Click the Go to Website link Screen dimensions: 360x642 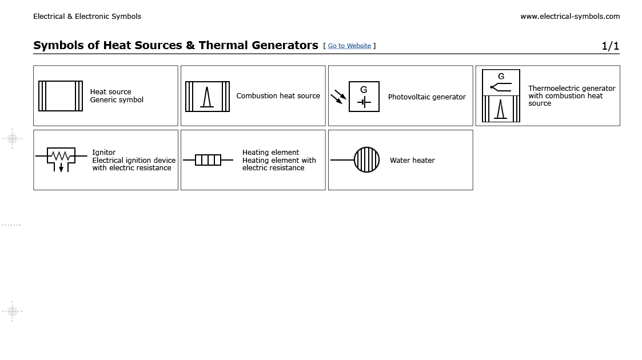click(x=349, y=46)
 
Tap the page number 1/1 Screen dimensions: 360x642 click(x=610, y=46)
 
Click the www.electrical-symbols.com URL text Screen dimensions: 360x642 click(x=569, y=17)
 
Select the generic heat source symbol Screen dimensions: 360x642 click(x=61, y=96)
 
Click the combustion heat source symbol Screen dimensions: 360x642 click(x=208, y=97)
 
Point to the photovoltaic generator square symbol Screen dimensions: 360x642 click(x=364, y=97)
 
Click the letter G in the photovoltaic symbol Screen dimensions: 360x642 click(x=364, y=90)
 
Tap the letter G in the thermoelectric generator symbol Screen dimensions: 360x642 click(x=501, y=77)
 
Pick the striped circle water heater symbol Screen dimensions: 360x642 click(x=366, y=160)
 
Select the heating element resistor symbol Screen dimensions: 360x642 click(x=208, y=160)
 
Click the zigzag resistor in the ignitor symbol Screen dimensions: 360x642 click(x=61, y=155)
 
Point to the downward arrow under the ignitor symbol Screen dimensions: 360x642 click(x=61, y=168)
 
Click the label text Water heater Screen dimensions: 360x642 click(x=412, y=161)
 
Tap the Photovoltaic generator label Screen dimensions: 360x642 click(x=426, y=97)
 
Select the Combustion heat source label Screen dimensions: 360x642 click(x=278, y=96)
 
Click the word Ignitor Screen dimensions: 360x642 click(x=104, y=153)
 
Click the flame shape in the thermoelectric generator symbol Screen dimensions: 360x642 click(x=501, y=109)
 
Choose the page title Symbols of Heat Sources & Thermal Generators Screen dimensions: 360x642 click(x=176, y=46)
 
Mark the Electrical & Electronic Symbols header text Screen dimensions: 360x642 click(x=87, y=17)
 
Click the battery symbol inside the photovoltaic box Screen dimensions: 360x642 click(x=364, y=103)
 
